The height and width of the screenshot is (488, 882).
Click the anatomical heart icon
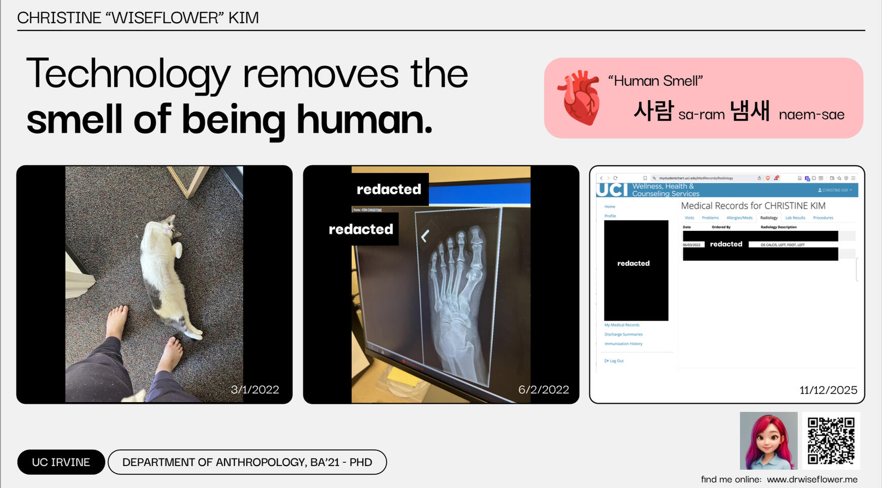pyautogui.click(x=580, y=98)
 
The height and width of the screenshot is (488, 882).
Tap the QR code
pyautogui.click(x=831, y=440)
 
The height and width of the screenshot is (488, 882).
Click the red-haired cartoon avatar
pyautogui.click(x=768, y=440)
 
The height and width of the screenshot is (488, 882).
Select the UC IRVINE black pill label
pyautogui.click(x=61, y=462)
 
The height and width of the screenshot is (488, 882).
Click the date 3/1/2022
pyautogui.click(x=255, y=389)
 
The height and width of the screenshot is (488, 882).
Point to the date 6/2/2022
pyautogui.click(x=543, y=389)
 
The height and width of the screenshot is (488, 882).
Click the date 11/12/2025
pyautogui.click(x=828, y=390)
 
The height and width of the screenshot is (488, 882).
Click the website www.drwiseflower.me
pyautogui.click(x=811, y=479)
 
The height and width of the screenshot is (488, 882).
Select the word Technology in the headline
pyautogui.click(x=128, y=74)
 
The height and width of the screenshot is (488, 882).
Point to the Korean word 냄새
pyautogui.click(x=749, y=111)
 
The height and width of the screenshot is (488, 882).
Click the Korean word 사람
pyautogui.click(x=653, y=111)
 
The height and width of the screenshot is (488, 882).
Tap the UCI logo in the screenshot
pyautogui.click(x=612, y=190)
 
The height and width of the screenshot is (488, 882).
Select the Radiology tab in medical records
pyautogui.click(x=768, y=218)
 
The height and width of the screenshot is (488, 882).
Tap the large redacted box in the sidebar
pyautogui.click(x=636, y=270)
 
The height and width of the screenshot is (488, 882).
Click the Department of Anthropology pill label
pyautogui.click(x=247, y=462)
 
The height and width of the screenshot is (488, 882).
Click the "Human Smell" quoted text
pyautogui.click(x=655, y=81)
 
